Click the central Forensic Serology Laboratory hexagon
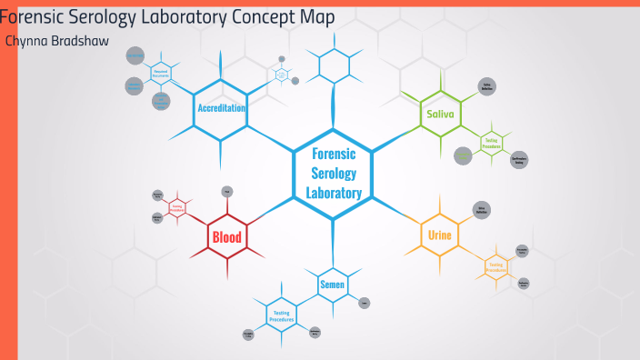(334, 173)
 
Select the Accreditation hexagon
(222, 108)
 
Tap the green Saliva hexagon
(440, 115)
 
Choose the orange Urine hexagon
(440, 235)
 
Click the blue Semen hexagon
(331, 285)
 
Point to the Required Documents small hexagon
(161, 73)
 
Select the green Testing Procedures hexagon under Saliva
(491, 142)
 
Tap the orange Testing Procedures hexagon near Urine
(495, 267)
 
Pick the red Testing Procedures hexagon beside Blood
(177, 207)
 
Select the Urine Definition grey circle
(483, 211)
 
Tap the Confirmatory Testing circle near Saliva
(519, 160)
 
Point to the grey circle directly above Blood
(227, 191)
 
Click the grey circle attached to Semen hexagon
(364, 303)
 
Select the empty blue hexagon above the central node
(334, 65)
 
